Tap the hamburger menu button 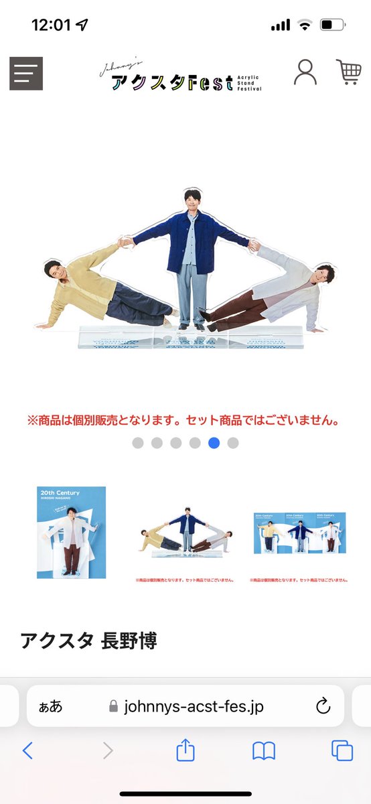tap(26, 74)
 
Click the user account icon tap(305, 72)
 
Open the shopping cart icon tap(348, 72)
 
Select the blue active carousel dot tap(214, 443)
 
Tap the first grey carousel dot tap(138, 443)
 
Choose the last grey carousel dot tap(233, 443)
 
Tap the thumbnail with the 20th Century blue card tap(71, 533)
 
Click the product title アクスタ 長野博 tap(88, 641)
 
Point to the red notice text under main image tap(185, 421)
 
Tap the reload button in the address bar tap(323, 706)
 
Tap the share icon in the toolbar tap(185, 751)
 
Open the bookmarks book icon tap(264, 751)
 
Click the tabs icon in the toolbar tap(342, 751)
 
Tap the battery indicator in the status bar tap(333, 25)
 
